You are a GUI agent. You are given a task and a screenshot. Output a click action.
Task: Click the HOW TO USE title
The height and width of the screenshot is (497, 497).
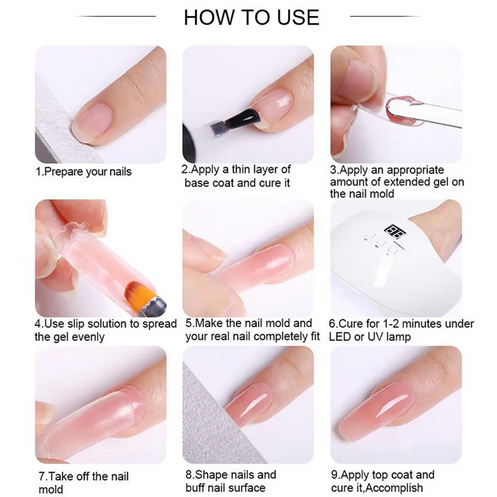(x=252, y=17)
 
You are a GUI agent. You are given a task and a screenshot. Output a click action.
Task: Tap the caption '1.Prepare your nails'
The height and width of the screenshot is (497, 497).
(x=83, y=171)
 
